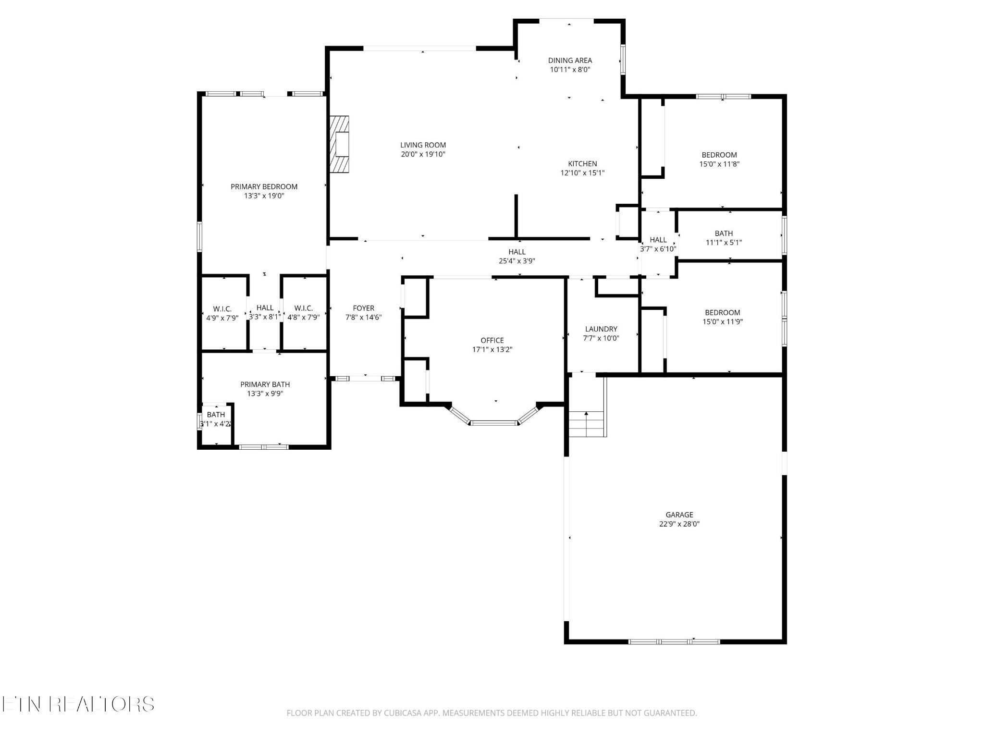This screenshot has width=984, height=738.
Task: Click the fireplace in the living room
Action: point(339,144)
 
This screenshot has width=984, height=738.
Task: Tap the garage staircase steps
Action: point(586,424)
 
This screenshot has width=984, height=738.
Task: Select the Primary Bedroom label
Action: point(264,186)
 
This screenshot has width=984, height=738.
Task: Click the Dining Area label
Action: point(570,60)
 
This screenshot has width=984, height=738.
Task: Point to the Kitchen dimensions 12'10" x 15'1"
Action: point(582,173)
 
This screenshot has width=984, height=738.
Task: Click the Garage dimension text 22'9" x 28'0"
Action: point(679,524)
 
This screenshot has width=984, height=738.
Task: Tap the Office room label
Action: point(492,340)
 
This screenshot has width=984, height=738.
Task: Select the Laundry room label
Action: point(601,329)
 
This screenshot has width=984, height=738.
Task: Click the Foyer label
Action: point(363,308)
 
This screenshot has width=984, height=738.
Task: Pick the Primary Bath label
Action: point(265,384)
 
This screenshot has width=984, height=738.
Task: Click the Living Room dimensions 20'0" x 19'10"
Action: point(423,154)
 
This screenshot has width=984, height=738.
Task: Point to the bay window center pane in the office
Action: point(494,423)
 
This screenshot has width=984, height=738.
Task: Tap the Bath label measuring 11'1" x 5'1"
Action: point(724,234)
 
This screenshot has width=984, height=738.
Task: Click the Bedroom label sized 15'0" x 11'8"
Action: point(719,155)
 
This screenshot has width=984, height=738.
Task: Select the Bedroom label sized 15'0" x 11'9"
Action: point(723,312)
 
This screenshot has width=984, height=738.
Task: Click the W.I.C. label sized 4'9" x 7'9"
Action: point(222,308)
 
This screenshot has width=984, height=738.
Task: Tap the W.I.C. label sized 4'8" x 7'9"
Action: point(304,308)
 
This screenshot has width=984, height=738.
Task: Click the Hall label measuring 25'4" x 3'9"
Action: point(517,252)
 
